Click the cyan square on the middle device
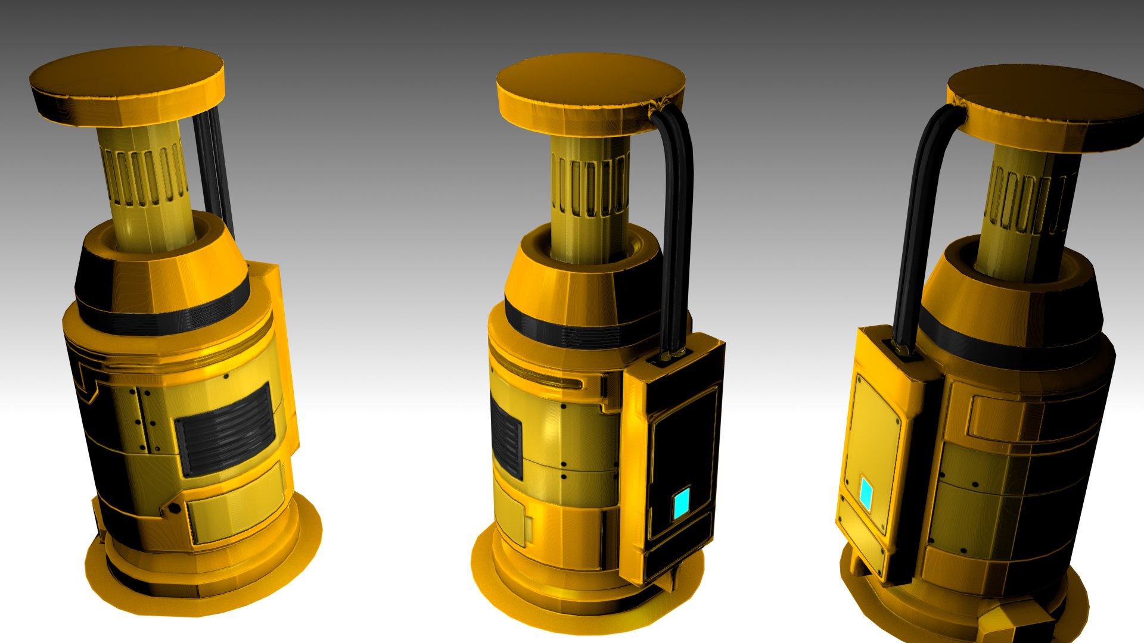point(681,503)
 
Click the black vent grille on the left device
point(225,429)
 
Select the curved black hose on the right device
point(918,208)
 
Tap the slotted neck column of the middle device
point(590,196)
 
